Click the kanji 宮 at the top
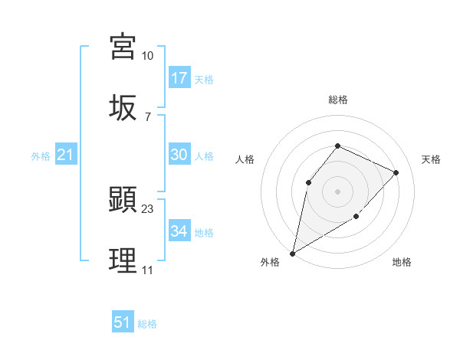(123, 47)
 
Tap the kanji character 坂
(123, 106)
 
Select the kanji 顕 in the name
(123, 201)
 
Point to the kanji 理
(123, 260)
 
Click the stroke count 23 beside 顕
(148, 208)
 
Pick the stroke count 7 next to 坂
(147, 116)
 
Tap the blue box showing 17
(179, 78)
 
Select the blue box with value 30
(179, 155)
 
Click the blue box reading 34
(179, 231)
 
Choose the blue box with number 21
(66, 155)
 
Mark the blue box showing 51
(123, 322)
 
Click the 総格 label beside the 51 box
(147, 324)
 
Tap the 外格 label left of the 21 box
(41, 156)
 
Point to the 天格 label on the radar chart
(431, 159)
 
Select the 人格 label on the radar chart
(245, 159)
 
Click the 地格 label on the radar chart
(402, 263)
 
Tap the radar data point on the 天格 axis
(396, 172)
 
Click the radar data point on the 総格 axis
(337, 146)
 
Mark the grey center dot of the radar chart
(337, 191)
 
